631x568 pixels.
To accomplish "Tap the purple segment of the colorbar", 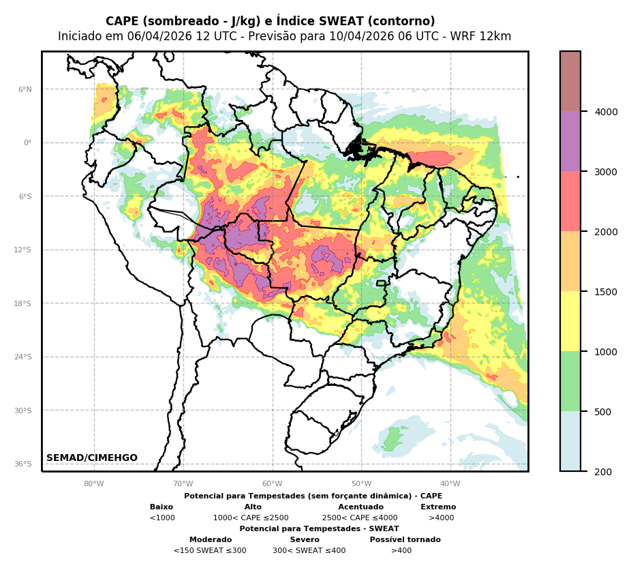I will (x=570, y=141).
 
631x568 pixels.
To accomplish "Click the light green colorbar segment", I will (x=570, y=381).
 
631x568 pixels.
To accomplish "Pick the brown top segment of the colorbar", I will (x=570, y=81).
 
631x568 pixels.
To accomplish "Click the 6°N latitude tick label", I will (x=25, y=89).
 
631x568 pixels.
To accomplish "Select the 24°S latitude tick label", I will (x=24, y=357).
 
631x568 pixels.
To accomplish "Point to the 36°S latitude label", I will (x=24, y=464).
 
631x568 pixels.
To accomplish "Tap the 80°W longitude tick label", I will (x=94, y=484).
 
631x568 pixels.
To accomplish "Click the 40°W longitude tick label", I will (x=450, y=484).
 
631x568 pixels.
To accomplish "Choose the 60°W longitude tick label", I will (x=273, y=484).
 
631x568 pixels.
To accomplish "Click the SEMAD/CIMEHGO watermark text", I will (x=92, y=458).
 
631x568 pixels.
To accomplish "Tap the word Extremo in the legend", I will (x=438, y=507).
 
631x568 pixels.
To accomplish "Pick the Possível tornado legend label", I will (x=405, y=539).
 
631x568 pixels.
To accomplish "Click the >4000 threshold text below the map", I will (x=441, y=518).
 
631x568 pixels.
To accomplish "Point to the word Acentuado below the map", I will (x=360, y=507).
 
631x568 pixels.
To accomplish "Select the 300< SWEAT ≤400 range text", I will (x=309, y=550).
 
